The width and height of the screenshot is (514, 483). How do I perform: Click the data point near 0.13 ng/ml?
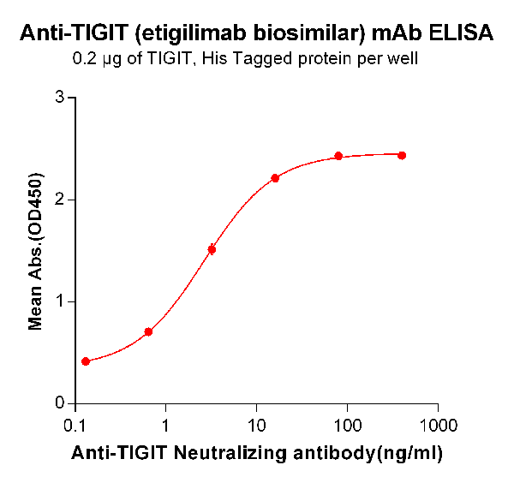coord(86,361)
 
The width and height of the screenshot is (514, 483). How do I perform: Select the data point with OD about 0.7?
coord(148,331)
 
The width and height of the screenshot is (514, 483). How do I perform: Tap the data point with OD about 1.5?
coord(212,249)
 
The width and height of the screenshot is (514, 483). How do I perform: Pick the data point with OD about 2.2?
coord(275,178)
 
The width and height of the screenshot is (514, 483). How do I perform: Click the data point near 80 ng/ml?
coord(338,156)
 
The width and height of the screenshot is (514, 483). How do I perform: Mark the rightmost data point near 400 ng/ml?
coord(402,155)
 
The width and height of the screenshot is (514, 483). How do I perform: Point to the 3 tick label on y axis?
coord(60,98)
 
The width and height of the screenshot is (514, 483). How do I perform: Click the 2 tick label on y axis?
coord(60,200)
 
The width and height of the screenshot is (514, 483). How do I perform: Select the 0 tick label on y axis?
coord(60,403)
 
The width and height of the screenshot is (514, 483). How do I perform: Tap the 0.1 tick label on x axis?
coord(75,426)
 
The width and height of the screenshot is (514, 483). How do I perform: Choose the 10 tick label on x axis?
coord(256,426)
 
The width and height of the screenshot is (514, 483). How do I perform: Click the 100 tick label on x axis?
coord(347,426)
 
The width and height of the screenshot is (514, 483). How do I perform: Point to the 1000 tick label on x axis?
coord(438,426)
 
